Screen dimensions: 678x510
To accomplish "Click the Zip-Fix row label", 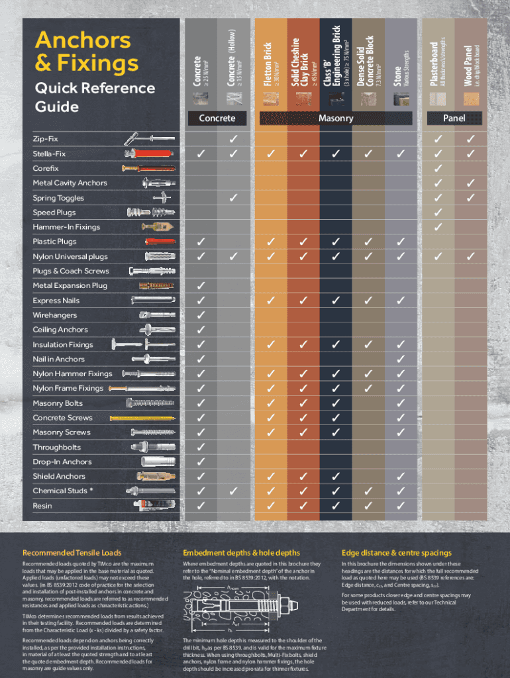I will [x=46, y=139].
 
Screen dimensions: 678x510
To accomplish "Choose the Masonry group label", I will [x=336, y=119].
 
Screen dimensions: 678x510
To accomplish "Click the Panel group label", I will [x=454, y=119].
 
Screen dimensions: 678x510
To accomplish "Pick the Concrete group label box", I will [x=217, y=119].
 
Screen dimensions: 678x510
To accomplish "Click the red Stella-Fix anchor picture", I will [x=147, y=154].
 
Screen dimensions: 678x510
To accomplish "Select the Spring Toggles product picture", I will [x=162, y=197].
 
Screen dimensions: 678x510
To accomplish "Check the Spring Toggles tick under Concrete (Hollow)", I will [x=233, y=197].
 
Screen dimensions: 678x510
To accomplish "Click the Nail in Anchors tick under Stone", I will [x=400, y=359].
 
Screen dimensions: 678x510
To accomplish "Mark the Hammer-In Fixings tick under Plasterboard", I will [x=438, y=227].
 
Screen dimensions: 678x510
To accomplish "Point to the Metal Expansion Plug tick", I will [x=201, y=285].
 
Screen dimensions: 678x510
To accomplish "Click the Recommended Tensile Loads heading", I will [x=72, y=553].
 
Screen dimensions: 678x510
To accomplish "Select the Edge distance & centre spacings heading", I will [x=397, y=553].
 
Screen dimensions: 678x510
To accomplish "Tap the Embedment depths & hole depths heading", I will [x=241, y=553].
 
